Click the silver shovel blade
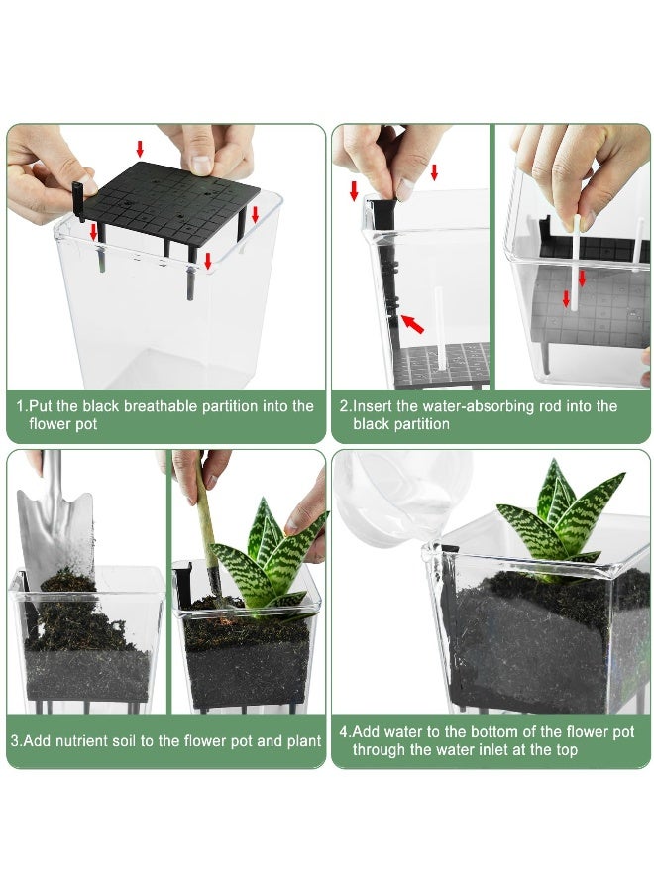coord(55,532)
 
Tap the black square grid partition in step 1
coord(175,206)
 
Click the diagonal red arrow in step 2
coord(412,323)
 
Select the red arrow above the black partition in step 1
coord(140,149)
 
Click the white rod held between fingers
coord(576,263)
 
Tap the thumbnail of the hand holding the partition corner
coord(201,164)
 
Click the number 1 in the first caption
coord(20,406)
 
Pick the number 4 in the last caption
coord(344,731)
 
